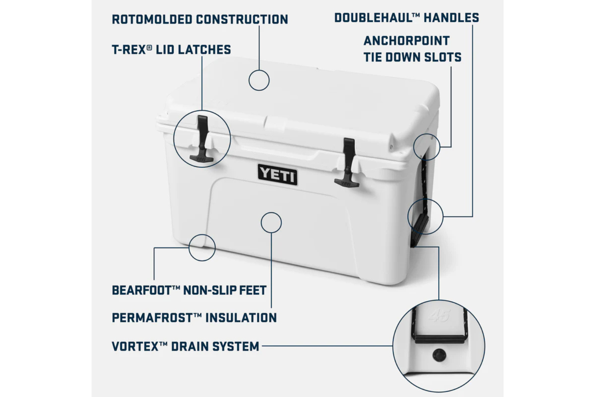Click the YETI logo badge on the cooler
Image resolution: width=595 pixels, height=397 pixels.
278,174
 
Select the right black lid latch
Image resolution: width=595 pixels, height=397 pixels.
348,161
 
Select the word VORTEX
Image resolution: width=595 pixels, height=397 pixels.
134,346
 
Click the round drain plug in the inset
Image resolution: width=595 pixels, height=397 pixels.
439,355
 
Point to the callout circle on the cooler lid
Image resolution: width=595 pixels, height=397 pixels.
259,80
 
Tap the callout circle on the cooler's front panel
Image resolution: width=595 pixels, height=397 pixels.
271,222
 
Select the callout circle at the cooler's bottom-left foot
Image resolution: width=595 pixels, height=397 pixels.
202,248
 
